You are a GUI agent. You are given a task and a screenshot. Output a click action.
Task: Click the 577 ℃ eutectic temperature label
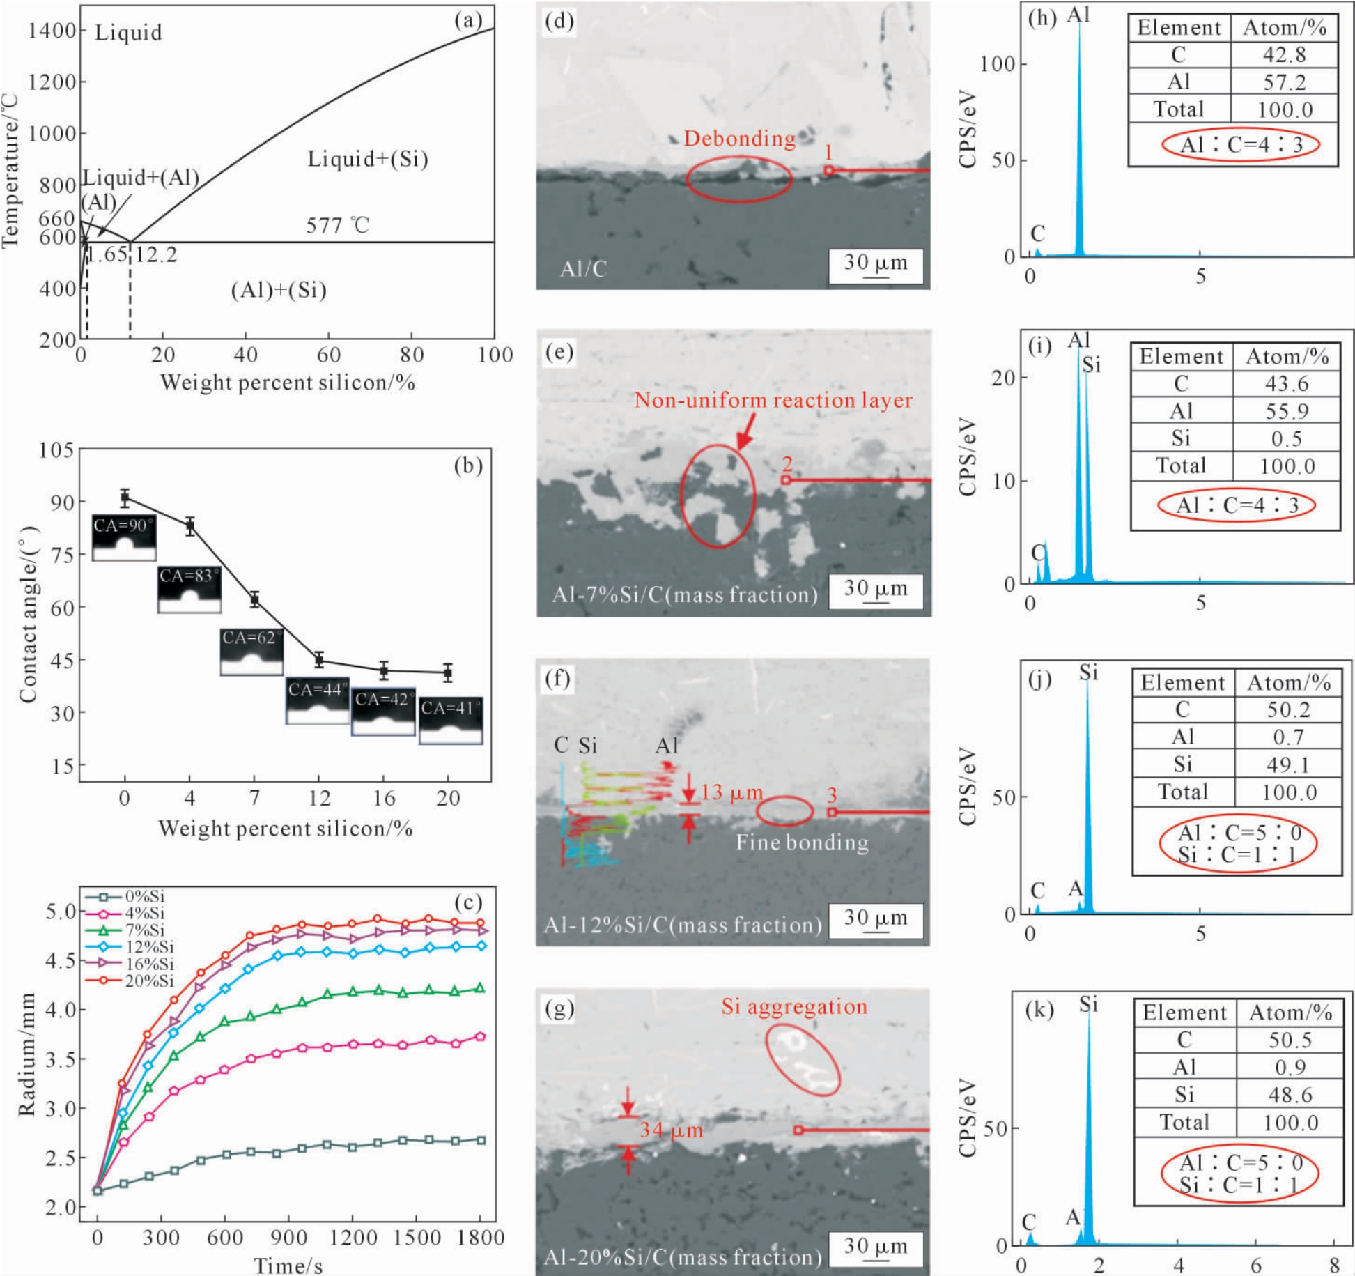click(337, 225)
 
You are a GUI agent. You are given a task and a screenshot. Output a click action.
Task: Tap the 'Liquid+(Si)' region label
click(368, 159)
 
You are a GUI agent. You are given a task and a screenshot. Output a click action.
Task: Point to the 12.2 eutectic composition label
click(155, 254)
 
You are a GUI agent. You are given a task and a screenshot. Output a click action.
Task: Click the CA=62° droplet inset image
click(251, 652)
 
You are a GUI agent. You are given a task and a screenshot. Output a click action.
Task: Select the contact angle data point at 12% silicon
click(319, 659)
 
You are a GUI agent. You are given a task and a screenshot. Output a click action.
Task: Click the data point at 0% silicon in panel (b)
click(125, 497)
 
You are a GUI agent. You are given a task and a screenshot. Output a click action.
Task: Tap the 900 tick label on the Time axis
click(288, 1237)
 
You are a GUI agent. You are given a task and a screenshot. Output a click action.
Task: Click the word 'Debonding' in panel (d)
click(739, 138)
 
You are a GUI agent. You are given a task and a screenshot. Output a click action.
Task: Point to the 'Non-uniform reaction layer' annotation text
click(773, 400)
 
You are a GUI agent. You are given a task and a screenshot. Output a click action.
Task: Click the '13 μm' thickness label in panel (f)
click(731, 792)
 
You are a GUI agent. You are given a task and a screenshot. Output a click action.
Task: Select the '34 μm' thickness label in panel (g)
click(671, 1130)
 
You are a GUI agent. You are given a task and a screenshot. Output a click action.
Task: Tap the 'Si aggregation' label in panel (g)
click(793, 1006)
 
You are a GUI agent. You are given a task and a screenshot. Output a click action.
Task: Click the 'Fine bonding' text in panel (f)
click(802, 843)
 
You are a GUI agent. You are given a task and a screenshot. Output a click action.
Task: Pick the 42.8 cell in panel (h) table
click(1284, 54)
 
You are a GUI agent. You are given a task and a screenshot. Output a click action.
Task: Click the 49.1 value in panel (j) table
click(1287, 764)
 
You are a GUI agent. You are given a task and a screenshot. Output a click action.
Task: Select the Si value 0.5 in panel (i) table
click(1286, 438)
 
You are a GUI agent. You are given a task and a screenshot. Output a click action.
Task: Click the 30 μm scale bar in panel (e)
click(876, 591)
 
